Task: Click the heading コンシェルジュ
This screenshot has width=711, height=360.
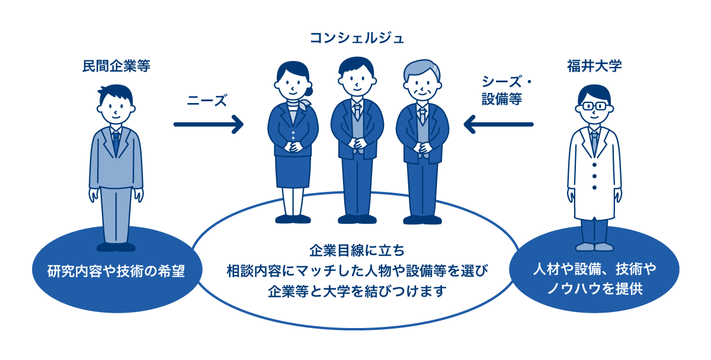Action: (357, 38)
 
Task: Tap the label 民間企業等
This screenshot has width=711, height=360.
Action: (116, 66)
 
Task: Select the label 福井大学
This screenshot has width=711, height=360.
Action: (594, 66)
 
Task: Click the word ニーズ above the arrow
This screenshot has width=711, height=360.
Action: (207, 100)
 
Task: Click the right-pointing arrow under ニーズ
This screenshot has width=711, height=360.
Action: (208, 124)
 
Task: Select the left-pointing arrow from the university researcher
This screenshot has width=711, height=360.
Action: (498, 124)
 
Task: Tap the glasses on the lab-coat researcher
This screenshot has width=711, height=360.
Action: (594, 106)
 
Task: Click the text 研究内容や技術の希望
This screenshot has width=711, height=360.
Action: (116, 271)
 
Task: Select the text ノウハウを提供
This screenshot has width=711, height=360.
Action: (595, 289)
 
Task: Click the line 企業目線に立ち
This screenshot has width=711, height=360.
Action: (357, 250)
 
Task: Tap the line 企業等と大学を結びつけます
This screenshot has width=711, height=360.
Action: (357, 291)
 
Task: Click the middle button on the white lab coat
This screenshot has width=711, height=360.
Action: (594, 176)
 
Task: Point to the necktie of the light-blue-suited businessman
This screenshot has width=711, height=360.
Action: (116, 143)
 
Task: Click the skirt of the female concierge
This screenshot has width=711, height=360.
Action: (293, 172)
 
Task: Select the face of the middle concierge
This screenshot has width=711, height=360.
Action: (357, 82)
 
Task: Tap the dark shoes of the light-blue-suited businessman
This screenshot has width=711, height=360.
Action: (116, 247)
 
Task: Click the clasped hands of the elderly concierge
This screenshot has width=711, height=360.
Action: (422, 148)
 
